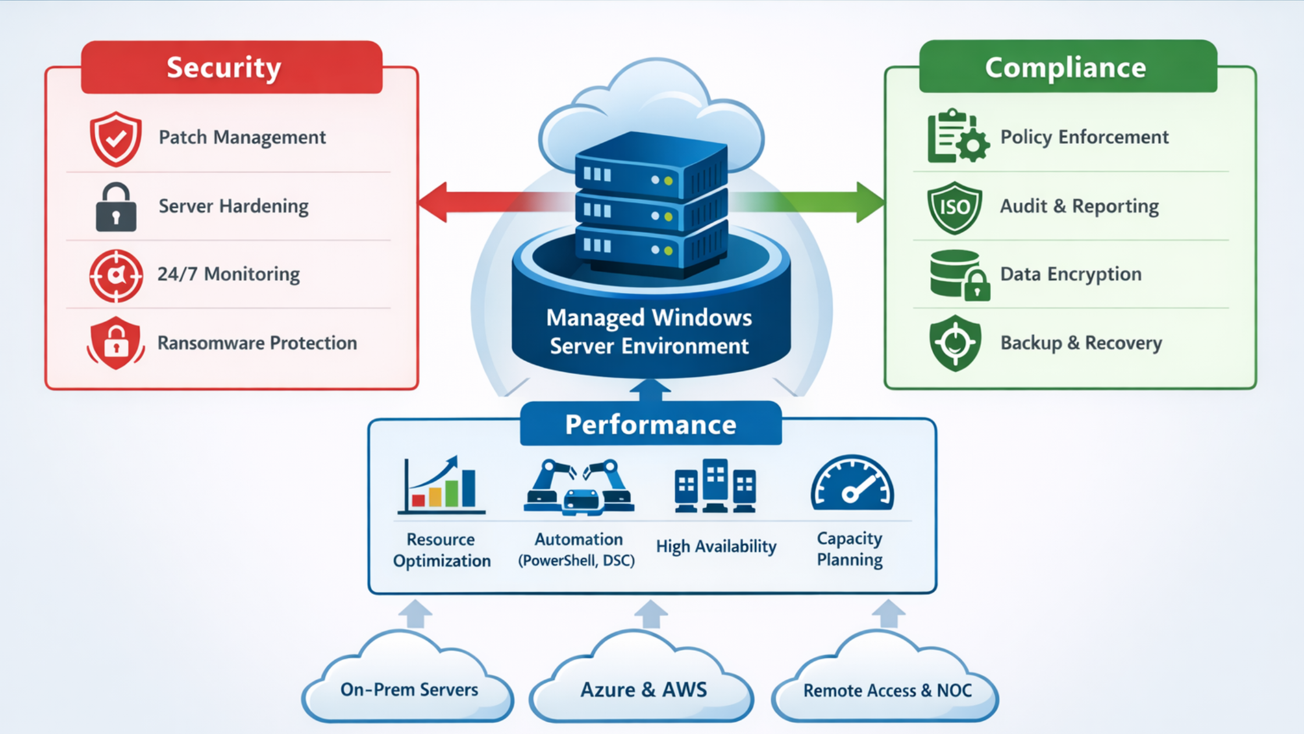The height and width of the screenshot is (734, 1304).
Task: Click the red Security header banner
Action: coord(231,67)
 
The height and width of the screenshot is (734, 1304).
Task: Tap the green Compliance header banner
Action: coord(1068,67)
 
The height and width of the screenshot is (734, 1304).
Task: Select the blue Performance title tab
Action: coord(650,424)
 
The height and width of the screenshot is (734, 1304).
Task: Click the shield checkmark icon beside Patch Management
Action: coord(116,139)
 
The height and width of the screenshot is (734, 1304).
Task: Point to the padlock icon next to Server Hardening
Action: coord(116,207)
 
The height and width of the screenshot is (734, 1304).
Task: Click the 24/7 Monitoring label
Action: coord(228,274)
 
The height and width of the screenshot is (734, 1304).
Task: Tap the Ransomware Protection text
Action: coord(257,343)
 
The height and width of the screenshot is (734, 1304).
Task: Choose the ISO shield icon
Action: coord(955,207)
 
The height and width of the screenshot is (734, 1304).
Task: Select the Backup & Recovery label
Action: coord(1080,343)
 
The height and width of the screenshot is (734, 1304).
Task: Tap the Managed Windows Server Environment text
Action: coord(649,331)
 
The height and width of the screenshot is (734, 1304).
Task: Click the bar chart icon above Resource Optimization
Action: coord(441,485)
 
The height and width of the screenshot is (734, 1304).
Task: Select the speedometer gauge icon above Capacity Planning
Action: coord(852,484)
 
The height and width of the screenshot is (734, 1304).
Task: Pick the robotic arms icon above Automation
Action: coord(579,487)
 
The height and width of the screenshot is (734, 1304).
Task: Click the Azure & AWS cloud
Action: coord(643,687)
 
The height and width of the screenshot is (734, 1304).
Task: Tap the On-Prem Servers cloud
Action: coord(409,687)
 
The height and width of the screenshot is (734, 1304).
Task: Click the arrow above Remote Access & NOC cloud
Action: coord(888,614)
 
